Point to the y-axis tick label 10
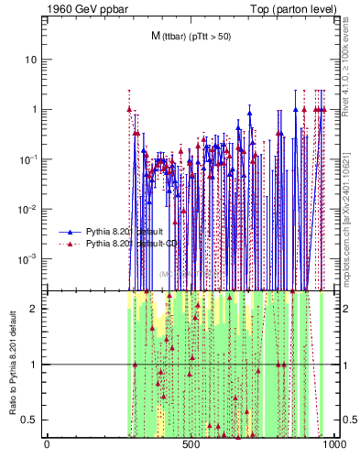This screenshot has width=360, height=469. (31, 60)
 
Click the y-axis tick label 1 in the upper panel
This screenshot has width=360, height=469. (34, 109)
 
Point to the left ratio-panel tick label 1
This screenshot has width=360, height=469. (34, 365)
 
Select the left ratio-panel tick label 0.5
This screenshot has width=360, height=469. (30, 420)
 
